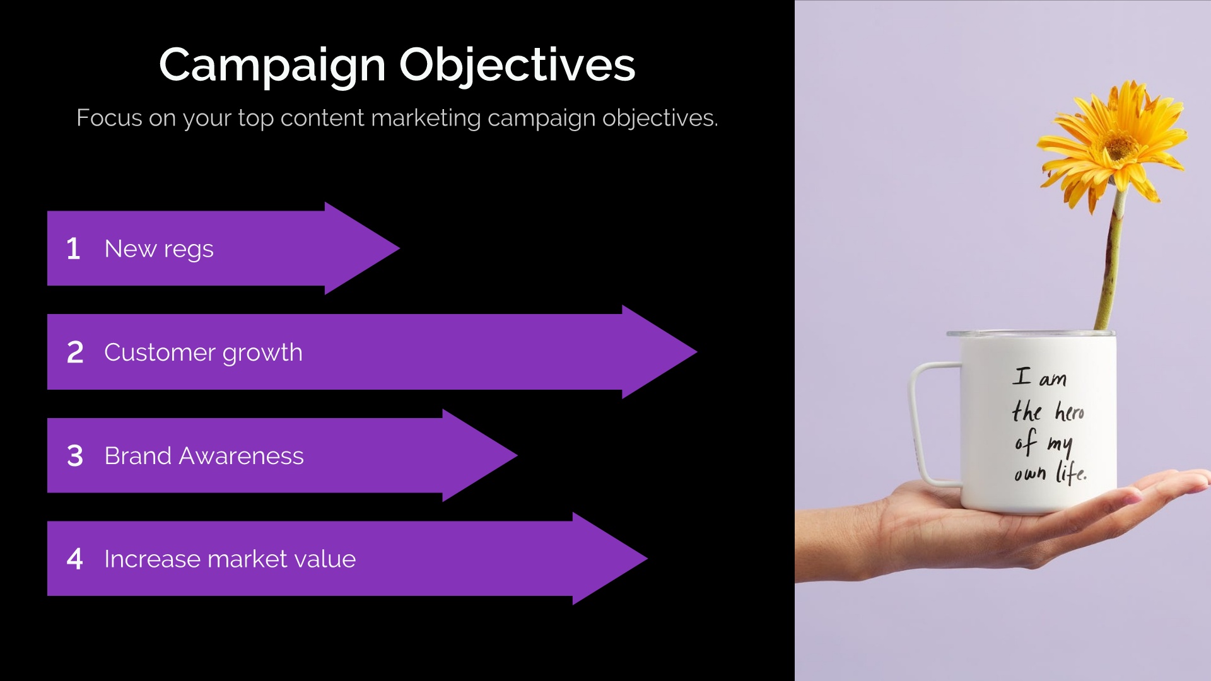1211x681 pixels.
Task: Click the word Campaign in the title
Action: tap(272, 66)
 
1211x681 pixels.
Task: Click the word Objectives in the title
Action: tap(517, 66)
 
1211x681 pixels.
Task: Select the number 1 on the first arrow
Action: tap(73, 248)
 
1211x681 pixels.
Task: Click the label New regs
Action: tap(159, 250)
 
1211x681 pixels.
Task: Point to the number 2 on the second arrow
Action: tap(75, 352)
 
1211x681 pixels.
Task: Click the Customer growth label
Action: tap(203, 353)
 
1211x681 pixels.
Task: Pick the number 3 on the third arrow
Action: tap(75, 455)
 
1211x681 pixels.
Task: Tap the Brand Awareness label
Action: tap(204, 456)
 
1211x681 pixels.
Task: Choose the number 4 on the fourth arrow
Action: tap(75, 559)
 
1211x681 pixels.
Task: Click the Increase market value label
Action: tap(230, 559)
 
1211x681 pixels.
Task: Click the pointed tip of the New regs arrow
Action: tap(400, 248)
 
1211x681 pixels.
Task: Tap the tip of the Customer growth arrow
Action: tap(697, 352)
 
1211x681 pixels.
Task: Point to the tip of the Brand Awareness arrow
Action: tap(517, 455)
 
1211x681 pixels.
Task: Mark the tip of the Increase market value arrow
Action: tap(648, 559)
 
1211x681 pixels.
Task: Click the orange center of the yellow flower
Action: tap(1120, 148)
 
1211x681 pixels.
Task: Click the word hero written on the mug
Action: tap(1070, 411)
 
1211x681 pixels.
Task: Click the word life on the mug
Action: tap(1072, 472)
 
